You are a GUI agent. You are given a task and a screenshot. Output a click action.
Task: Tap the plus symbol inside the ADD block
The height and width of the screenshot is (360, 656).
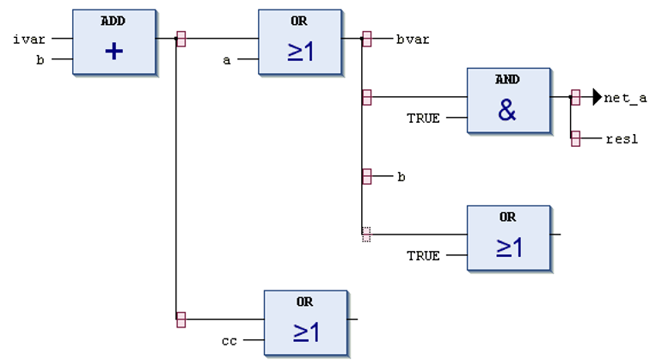[114, 52]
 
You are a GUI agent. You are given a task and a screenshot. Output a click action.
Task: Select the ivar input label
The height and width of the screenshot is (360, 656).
[30, 39]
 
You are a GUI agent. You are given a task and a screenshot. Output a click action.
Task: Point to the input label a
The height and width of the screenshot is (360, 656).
[227, 59]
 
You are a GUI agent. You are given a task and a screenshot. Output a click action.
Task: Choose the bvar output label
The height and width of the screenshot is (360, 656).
[413, 39]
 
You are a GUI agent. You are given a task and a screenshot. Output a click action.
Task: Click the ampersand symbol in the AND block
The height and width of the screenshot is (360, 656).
[507, 110]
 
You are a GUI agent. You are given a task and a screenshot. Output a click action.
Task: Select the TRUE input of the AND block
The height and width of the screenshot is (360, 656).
[423, 118]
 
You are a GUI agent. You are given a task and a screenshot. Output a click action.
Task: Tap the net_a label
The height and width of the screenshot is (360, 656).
[625, 98]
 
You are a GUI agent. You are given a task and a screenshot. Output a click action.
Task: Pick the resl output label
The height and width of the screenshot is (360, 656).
[622, 138]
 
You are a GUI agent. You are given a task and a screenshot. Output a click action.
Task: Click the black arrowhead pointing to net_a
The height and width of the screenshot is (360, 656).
[598, 98]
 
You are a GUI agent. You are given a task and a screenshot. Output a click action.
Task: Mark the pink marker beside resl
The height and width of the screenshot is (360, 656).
[575, 138]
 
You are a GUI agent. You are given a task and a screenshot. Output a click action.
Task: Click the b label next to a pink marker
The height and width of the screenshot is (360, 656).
[401, 176]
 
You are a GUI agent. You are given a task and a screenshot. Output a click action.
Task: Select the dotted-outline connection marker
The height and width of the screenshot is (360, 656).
[367, 234]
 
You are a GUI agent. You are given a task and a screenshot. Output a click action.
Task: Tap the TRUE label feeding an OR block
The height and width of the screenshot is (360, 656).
[423, 255]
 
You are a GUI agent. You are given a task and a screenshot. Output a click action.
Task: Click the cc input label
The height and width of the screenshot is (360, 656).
[229, 340]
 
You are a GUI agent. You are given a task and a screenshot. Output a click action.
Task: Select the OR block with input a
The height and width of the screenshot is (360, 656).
[300, 43]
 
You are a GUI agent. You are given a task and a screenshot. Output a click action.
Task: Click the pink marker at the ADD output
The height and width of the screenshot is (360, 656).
[181, 39]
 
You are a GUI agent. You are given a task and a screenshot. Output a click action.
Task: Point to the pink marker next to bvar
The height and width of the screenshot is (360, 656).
[367, 39]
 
